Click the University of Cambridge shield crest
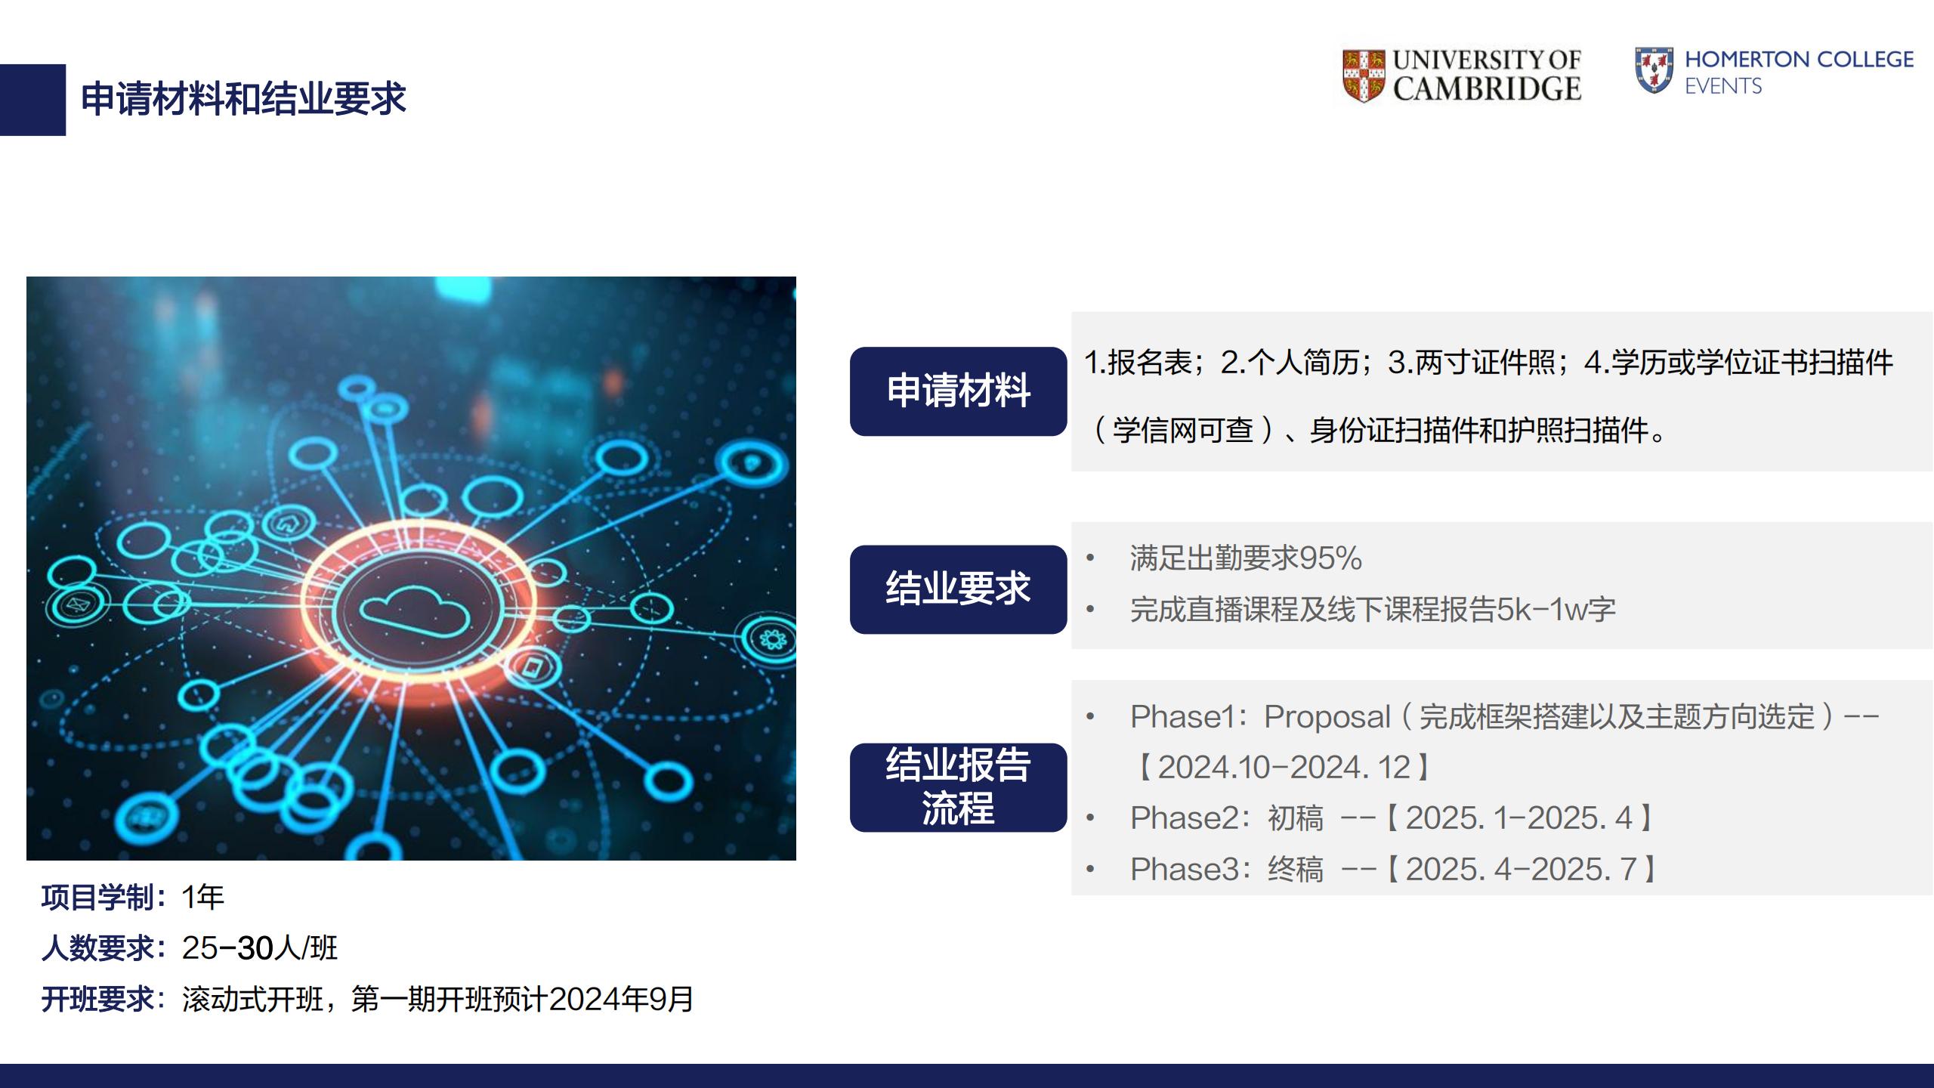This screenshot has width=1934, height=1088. [x=1364, y=76]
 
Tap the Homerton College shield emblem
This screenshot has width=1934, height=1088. [x=1654, y=70]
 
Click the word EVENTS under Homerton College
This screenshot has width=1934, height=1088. [x=1723, y=86]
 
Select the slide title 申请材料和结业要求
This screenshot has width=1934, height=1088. [x=243, y=99]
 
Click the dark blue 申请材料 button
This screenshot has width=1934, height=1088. [x=958, y=391]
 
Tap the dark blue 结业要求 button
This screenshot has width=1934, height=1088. [x=958, y=589]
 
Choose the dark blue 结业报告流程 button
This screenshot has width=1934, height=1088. [x=958, y=787]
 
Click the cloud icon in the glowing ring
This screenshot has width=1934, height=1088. [x=414, y=610]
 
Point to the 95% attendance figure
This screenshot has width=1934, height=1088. [x=1330, y=558]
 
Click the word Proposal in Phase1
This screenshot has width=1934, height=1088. [x=1327, y=717]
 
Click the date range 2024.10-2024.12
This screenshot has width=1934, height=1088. [x=1284, y=768]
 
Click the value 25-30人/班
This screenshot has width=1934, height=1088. [x=260, y=948]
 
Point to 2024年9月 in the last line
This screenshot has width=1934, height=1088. [x=621, y=999]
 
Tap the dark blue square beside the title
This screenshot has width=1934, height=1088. [x=32, y=100]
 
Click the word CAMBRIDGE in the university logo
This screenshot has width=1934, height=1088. [x=1487, y=89]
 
